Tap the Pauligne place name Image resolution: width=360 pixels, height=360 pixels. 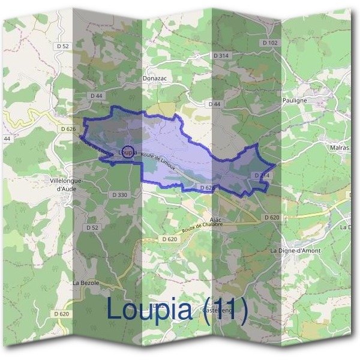pos(294,100)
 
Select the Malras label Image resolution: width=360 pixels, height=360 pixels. pos(339,146)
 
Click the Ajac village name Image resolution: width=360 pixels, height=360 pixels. pos(217,220)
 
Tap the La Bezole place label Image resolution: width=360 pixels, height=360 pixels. pos(85,282)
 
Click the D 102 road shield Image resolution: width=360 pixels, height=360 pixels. pos(271,43)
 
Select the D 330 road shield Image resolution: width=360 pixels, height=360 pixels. pos(120,195)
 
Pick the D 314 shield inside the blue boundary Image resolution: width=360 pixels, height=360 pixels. pos(262,175)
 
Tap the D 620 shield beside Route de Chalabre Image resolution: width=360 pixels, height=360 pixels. pos(170,239)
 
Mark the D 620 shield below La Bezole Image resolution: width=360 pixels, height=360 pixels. pos(61,314)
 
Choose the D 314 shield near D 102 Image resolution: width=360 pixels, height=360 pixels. pos(221,55)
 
